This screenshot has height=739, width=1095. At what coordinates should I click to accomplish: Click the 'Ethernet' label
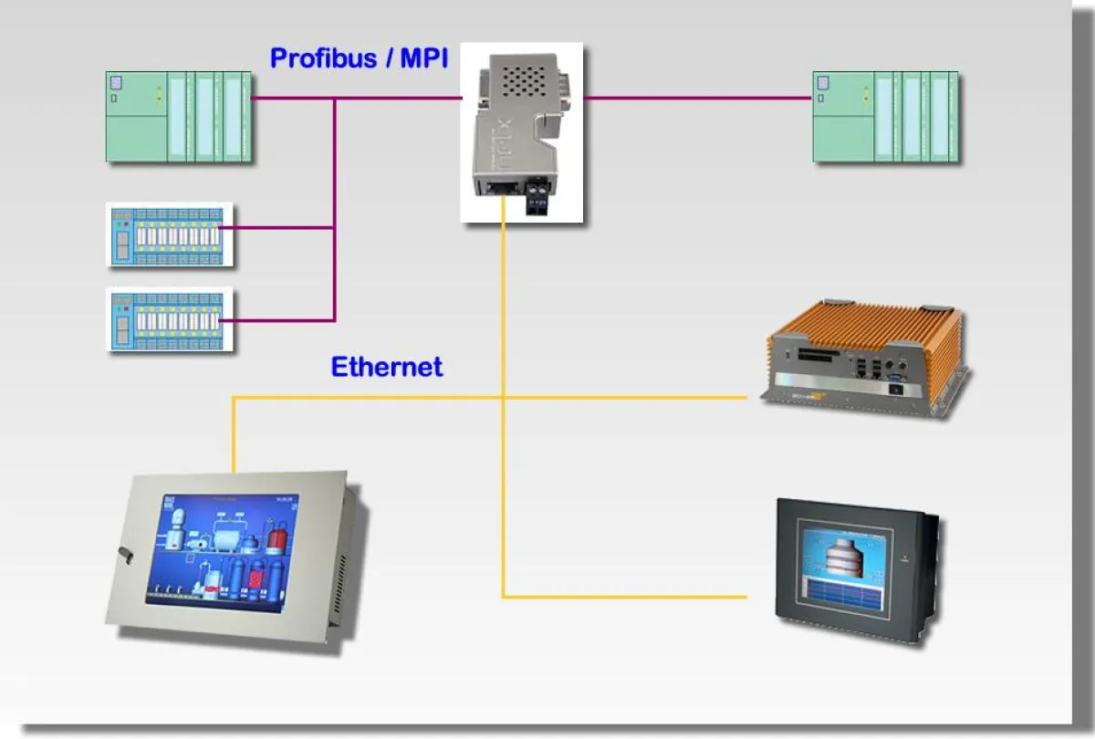pos(386,367)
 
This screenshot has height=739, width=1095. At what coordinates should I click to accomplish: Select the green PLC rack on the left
pos(179,117)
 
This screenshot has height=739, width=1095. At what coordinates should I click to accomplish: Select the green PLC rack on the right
pos(886,117)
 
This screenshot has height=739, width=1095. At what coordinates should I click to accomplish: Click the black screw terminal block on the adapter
pos(538,195)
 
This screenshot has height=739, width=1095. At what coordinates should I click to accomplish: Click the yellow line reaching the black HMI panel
pos(639,598)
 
